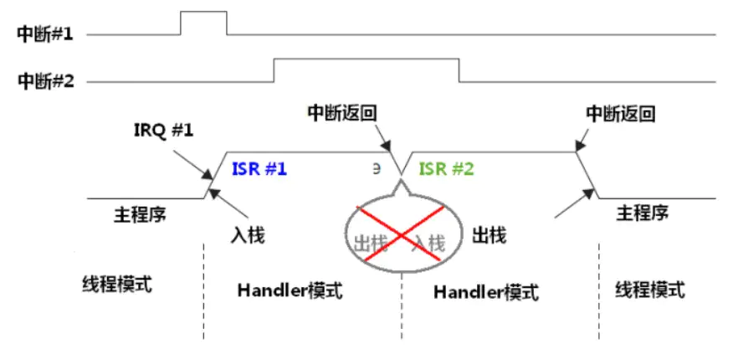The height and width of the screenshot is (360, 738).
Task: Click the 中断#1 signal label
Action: click(45, 34)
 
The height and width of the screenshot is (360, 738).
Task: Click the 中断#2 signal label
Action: click(45, 81)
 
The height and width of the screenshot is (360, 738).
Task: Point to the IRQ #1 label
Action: click(163, 132)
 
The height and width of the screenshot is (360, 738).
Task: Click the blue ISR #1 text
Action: click(259, 168)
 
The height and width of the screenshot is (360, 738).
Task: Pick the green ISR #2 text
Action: click(446, 168)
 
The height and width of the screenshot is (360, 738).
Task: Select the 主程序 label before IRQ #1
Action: click(140, 213)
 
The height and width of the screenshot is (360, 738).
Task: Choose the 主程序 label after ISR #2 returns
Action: click(642, 213)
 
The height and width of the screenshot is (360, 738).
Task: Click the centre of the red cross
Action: click(402, 238)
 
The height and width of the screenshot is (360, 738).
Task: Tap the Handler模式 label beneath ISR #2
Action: click(486, 291)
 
